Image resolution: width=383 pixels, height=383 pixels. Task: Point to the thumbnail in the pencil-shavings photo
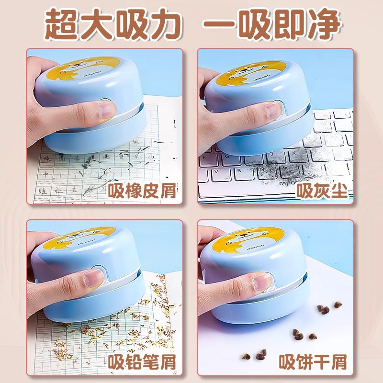94,278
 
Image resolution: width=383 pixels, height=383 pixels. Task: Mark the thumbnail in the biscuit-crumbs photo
263,282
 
